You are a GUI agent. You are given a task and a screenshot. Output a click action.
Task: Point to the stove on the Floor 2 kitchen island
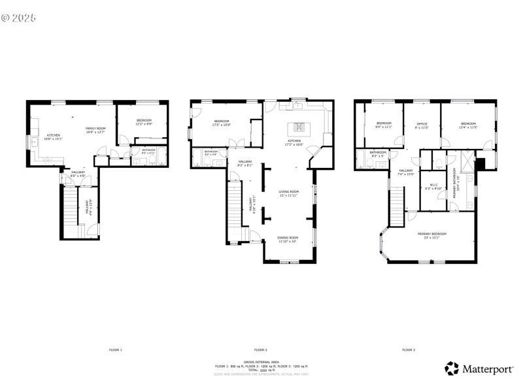[x=299, y=127]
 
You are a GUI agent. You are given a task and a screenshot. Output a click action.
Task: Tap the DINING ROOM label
[x=288, y=237]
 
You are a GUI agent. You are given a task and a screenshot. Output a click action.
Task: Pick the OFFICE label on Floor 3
[x=422, y=123]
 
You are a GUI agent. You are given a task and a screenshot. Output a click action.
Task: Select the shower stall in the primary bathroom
[x=467, y=160]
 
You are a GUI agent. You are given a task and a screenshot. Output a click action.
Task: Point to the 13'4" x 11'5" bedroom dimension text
[x=468, y=127]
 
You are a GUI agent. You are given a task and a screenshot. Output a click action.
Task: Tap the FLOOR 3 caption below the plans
[x=408, y=350]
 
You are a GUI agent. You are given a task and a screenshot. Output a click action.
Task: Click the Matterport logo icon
[x=452, y=368]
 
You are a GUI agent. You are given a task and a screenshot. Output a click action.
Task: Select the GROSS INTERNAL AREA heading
[x=261, y=361]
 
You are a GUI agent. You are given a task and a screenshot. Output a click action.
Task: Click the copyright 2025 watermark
[x=20, y=18]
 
